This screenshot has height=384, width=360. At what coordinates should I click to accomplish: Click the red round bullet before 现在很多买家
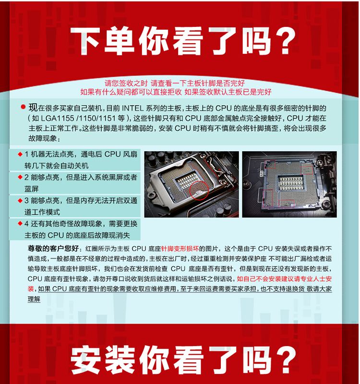tap(23, 107)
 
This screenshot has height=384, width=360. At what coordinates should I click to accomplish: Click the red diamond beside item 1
tap(20, 154)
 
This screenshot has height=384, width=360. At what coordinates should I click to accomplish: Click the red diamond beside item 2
tap(20, 177)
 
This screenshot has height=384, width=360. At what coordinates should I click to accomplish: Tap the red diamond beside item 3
tap(20, 201)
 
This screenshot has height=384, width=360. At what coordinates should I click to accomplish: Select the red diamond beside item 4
tap(20, 223)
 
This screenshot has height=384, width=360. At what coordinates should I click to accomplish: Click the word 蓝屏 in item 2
tap(32, 189)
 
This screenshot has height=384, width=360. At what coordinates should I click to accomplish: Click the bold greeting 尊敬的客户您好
tap(53, 249)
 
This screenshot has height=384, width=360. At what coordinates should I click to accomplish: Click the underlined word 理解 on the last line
tap(34, 299)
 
